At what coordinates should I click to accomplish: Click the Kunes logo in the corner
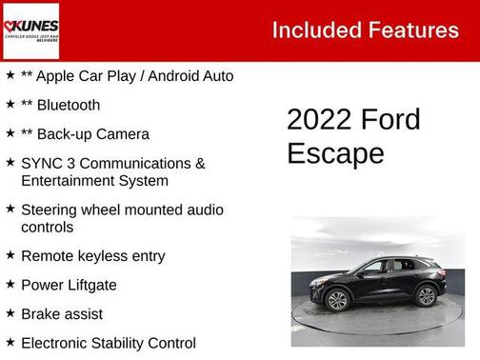(30, 30)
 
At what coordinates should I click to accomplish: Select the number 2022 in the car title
(319, 120)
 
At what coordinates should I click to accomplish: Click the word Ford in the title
(390, 120)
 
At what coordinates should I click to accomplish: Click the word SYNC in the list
(43, 163)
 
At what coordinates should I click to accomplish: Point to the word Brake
(42, 313)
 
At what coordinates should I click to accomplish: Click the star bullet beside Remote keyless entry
(10, 255)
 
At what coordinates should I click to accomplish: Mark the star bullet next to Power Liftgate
(10, 284)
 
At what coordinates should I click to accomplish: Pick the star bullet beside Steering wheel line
(10, 209)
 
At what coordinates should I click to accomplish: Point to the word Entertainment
(70, 181)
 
